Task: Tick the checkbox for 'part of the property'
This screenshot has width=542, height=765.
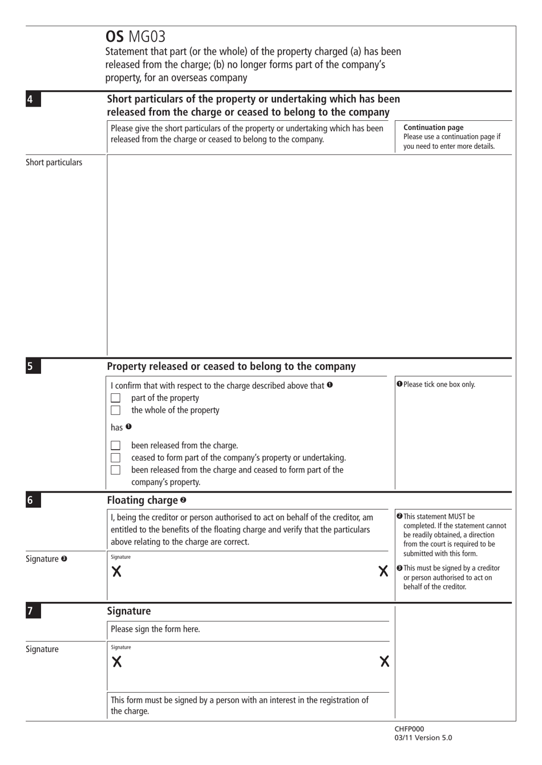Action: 116,398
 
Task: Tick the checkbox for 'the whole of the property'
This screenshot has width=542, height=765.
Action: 116,410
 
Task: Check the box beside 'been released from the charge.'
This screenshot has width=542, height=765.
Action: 116,445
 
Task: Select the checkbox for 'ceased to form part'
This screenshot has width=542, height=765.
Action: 116,458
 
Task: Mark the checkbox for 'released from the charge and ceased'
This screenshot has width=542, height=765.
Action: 116,470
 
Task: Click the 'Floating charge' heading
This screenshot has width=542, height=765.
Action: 143,500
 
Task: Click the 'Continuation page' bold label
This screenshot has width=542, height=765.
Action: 433,128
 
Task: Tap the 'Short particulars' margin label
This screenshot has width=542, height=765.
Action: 54,162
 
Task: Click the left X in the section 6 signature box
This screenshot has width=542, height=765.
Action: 116,572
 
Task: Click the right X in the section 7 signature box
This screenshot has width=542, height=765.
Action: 385,661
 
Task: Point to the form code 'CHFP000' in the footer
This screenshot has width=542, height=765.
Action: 409,729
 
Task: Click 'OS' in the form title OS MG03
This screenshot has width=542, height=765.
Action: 115,37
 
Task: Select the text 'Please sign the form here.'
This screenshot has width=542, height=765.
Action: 155,629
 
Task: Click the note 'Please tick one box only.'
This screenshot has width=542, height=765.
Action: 439,384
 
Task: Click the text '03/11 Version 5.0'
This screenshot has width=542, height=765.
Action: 423,738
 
